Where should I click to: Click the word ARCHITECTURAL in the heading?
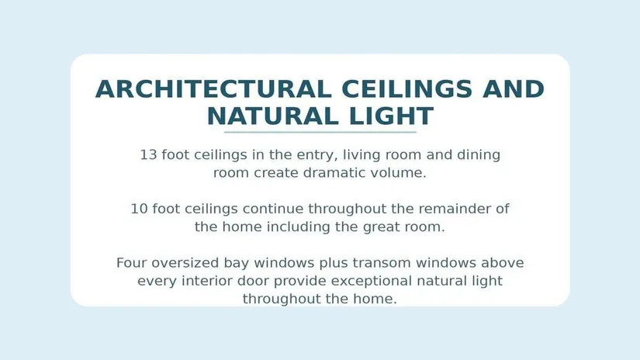tap(213, 89)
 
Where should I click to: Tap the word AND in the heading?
tap(514, 89)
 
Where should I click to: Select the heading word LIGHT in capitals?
tap(391, 116)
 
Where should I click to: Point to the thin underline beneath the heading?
tap(320, 132)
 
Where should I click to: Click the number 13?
tap(148, 155)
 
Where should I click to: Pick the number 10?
tap(139, 209)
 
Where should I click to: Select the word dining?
tap(479, 156)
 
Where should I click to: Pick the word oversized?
tap(185, 263)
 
